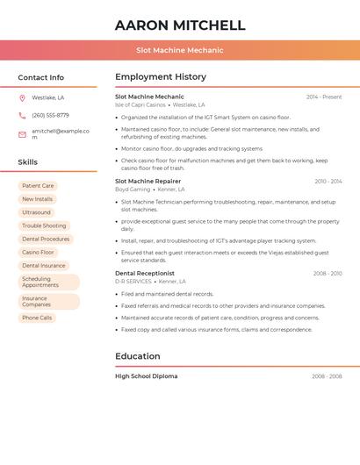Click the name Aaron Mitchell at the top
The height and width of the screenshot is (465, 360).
tap(180, 25)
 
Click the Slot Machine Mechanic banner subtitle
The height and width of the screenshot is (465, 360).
tap(180, 50)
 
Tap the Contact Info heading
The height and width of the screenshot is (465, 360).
tap(40, 77)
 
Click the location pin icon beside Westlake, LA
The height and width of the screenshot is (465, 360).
tap(22, 98)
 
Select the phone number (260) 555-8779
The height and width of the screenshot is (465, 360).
tap(50, 115)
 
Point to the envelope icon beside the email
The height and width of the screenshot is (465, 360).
tap(22, 134)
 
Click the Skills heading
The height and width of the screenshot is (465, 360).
tap(27, 162)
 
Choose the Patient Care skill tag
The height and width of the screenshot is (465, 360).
tap(38, 186)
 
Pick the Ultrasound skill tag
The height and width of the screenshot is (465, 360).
tap(36, 212)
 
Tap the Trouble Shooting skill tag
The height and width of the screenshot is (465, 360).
tap(44, 225)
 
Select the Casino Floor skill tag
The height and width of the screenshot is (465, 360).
tap(38, 253)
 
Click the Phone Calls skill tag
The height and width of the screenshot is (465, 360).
tap(37, 318)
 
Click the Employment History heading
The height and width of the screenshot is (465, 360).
tap(161, 77)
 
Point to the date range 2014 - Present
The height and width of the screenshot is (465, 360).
tap(324, 97)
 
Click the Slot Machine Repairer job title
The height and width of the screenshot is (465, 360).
tap(148, 181)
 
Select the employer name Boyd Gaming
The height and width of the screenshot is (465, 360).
tap(133, 190)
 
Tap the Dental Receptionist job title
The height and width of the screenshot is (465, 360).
tap(145, 274)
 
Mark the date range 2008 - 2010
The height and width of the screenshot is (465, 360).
tap(328, 274)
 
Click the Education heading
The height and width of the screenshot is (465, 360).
tap(138, 356)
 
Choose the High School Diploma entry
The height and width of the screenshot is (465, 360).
tap(146, 376)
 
